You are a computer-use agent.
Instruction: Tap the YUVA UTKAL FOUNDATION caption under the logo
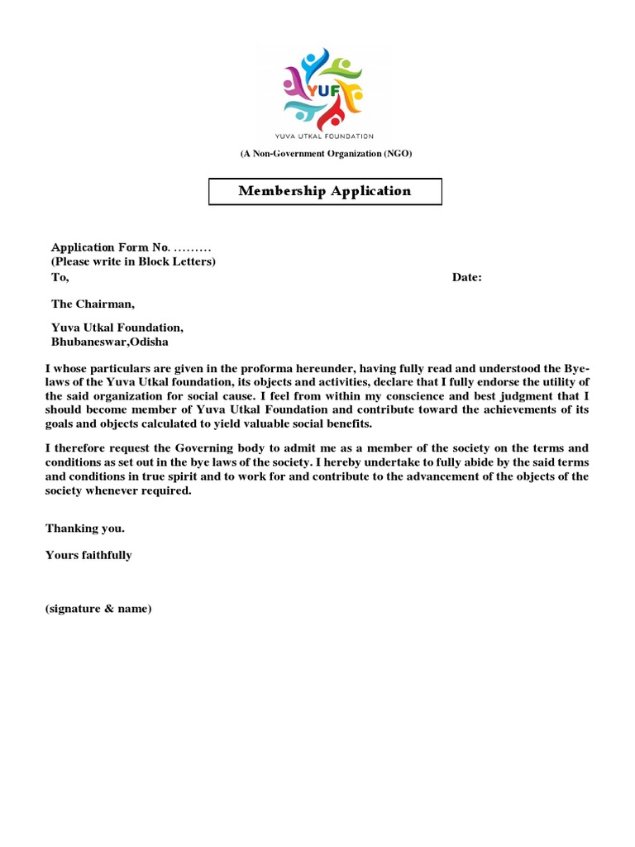click(325, 136)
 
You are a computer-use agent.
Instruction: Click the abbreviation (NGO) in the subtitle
click(397, 154)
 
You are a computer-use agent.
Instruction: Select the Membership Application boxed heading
click(325, 191)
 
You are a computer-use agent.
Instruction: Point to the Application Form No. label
click(110, 247)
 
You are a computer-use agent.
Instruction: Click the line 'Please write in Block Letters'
click(133, 262)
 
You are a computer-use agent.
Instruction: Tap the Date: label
click(466, 278)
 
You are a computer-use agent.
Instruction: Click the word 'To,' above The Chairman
click(60, 278)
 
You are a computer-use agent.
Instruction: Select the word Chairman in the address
click(104, 304)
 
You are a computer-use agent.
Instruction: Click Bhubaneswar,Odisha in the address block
click(108, 342)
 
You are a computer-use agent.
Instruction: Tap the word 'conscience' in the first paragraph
click(387, 395)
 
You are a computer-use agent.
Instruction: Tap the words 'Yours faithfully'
click(88, 555)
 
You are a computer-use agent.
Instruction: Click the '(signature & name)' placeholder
click(98, 609)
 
